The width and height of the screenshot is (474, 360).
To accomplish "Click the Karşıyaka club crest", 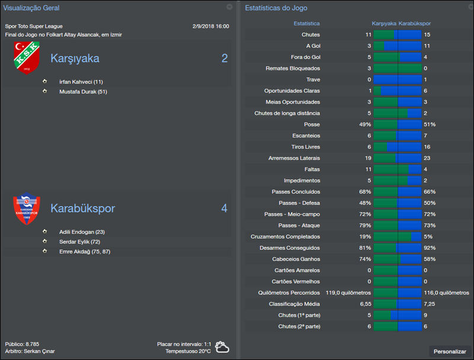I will pos(27,58).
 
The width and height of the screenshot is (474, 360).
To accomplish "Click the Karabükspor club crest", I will pos(27,209).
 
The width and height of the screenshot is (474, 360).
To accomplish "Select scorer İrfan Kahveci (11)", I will pos(81,82).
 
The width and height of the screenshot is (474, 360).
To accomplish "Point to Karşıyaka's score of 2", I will pos(225,59).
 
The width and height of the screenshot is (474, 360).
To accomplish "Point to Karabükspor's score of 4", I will pos(225,208).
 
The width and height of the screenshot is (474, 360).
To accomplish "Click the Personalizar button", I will pos(450,351).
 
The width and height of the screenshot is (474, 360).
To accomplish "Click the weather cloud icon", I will pos(223,347).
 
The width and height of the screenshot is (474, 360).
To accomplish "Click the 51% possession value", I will pos(430,124).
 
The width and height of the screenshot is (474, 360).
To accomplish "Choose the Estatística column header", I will pos(307,24).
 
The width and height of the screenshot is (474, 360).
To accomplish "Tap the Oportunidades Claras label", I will pos(292,91).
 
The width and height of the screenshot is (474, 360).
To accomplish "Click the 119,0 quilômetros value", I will pos(348,292).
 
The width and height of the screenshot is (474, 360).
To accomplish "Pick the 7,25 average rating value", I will pos(430,304).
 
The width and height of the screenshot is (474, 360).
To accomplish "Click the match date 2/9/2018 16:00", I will pos(210,26).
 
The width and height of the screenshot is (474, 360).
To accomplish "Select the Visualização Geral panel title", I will pos(31,8).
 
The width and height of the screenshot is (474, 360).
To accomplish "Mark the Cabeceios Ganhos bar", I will pos(398,259).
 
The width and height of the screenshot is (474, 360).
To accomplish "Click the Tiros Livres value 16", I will pos(427,147).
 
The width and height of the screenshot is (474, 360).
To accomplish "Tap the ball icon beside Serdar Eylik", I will pos(44,242).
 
